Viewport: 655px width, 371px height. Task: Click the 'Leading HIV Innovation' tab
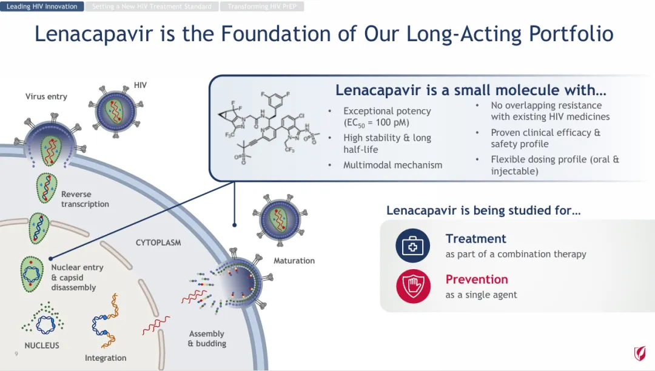(x=42, y=7)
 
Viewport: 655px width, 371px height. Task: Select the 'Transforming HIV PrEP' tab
(x=261, y=7)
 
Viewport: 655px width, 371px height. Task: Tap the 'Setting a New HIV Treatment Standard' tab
(x=152, y=7)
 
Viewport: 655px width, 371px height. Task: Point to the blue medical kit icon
(x=412, y=245)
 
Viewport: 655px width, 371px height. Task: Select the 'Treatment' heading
(x=475, y=239)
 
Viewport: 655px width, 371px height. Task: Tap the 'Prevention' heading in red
(x=477, y=279)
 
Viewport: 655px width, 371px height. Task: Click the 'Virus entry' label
(x=46, y=96)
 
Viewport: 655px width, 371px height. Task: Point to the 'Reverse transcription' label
(x=85, y=199)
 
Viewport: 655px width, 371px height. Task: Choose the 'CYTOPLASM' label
(x=158, y=242)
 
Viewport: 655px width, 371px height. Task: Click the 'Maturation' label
(x=294, y=261)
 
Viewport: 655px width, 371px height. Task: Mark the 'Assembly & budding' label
(x=207, y=339)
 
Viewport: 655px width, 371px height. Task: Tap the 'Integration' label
(x=106, y=358)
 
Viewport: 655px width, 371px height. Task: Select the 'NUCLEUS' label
(x=42, y=346)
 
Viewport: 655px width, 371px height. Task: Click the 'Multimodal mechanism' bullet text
(x=392, y=165)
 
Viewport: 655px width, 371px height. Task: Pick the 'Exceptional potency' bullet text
(x=387, y=111)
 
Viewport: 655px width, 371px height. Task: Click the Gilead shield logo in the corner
(x=640, y=353)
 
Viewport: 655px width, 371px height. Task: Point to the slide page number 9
(x=16, y=352)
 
